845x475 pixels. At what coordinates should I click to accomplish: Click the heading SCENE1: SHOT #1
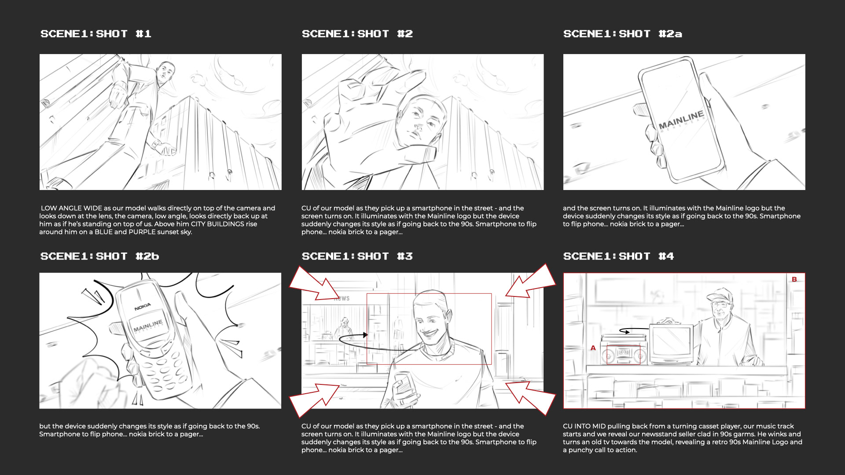click(x=96, y=34)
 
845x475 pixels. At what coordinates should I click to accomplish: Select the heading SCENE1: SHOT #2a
click(x=623, y=34)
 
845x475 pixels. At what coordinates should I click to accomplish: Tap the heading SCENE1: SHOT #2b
click(x=99, y=256)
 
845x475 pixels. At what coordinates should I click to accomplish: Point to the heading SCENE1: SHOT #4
click(x=618, y=256)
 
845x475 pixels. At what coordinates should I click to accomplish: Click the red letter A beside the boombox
click(x=593, y=348)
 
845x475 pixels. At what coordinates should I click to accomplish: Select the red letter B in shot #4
click(x=794, y=279)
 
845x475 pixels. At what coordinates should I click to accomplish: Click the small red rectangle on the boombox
click(x=624, y=355)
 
